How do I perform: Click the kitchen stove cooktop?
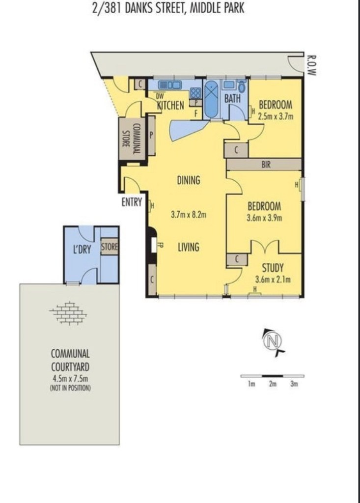pos(195,93)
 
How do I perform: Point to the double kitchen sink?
pos(170,85)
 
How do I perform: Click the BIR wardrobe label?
pos(266,165)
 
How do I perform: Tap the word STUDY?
pos(273,268)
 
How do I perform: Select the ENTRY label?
pos(132,202)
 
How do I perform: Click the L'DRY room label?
pos(82,249)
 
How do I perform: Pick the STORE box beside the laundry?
pos(110,247)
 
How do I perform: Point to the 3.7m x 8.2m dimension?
pos(188,215)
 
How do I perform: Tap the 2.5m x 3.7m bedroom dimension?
pos(276,116)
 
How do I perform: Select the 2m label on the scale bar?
pos(273,384)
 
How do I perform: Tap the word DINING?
pos(188,180)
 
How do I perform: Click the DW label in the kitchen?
pos(160,96)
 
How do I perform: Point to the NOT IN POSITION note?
pos(70,388)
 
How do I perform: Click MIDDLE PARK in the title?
pos(217,8)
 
